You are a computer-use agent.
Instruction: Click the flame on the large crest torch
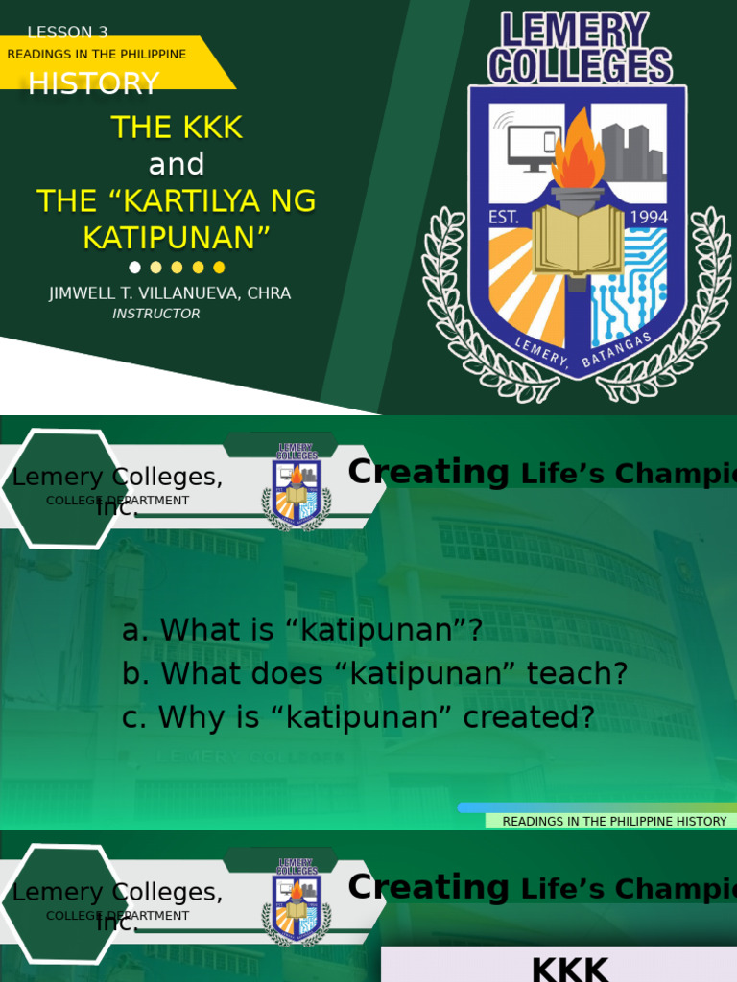(578, 153)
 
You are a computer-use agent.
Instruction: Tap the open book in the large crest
(578, 240)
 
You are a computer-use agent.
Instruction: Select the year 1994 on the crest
(648, 218)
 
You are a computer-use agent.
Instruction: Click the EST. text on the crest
(505, 218)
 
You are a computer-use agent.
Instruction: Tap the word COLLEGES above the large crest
(579, 67)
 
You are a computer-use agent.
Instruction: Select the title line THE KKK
(177, 127)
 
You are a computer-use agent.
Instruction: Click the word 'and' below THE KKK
(177, 164)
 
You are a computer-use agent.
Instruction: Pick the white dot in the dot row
(134, 268)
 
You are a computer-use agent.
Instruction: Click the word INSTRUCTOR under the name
(156, 314)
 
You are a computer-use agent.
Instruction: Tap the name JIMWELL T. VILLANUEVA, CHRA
(170, 293)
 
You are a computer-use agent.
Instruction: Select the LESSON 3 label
(67, 32)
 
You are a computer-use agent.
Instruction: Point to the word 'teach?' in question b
(580, 674)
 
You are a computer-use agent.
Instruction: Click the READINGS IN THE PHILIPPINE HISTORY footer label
(614, 821)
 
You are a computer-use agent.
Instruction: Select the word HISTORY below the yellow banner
(93, 84)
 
